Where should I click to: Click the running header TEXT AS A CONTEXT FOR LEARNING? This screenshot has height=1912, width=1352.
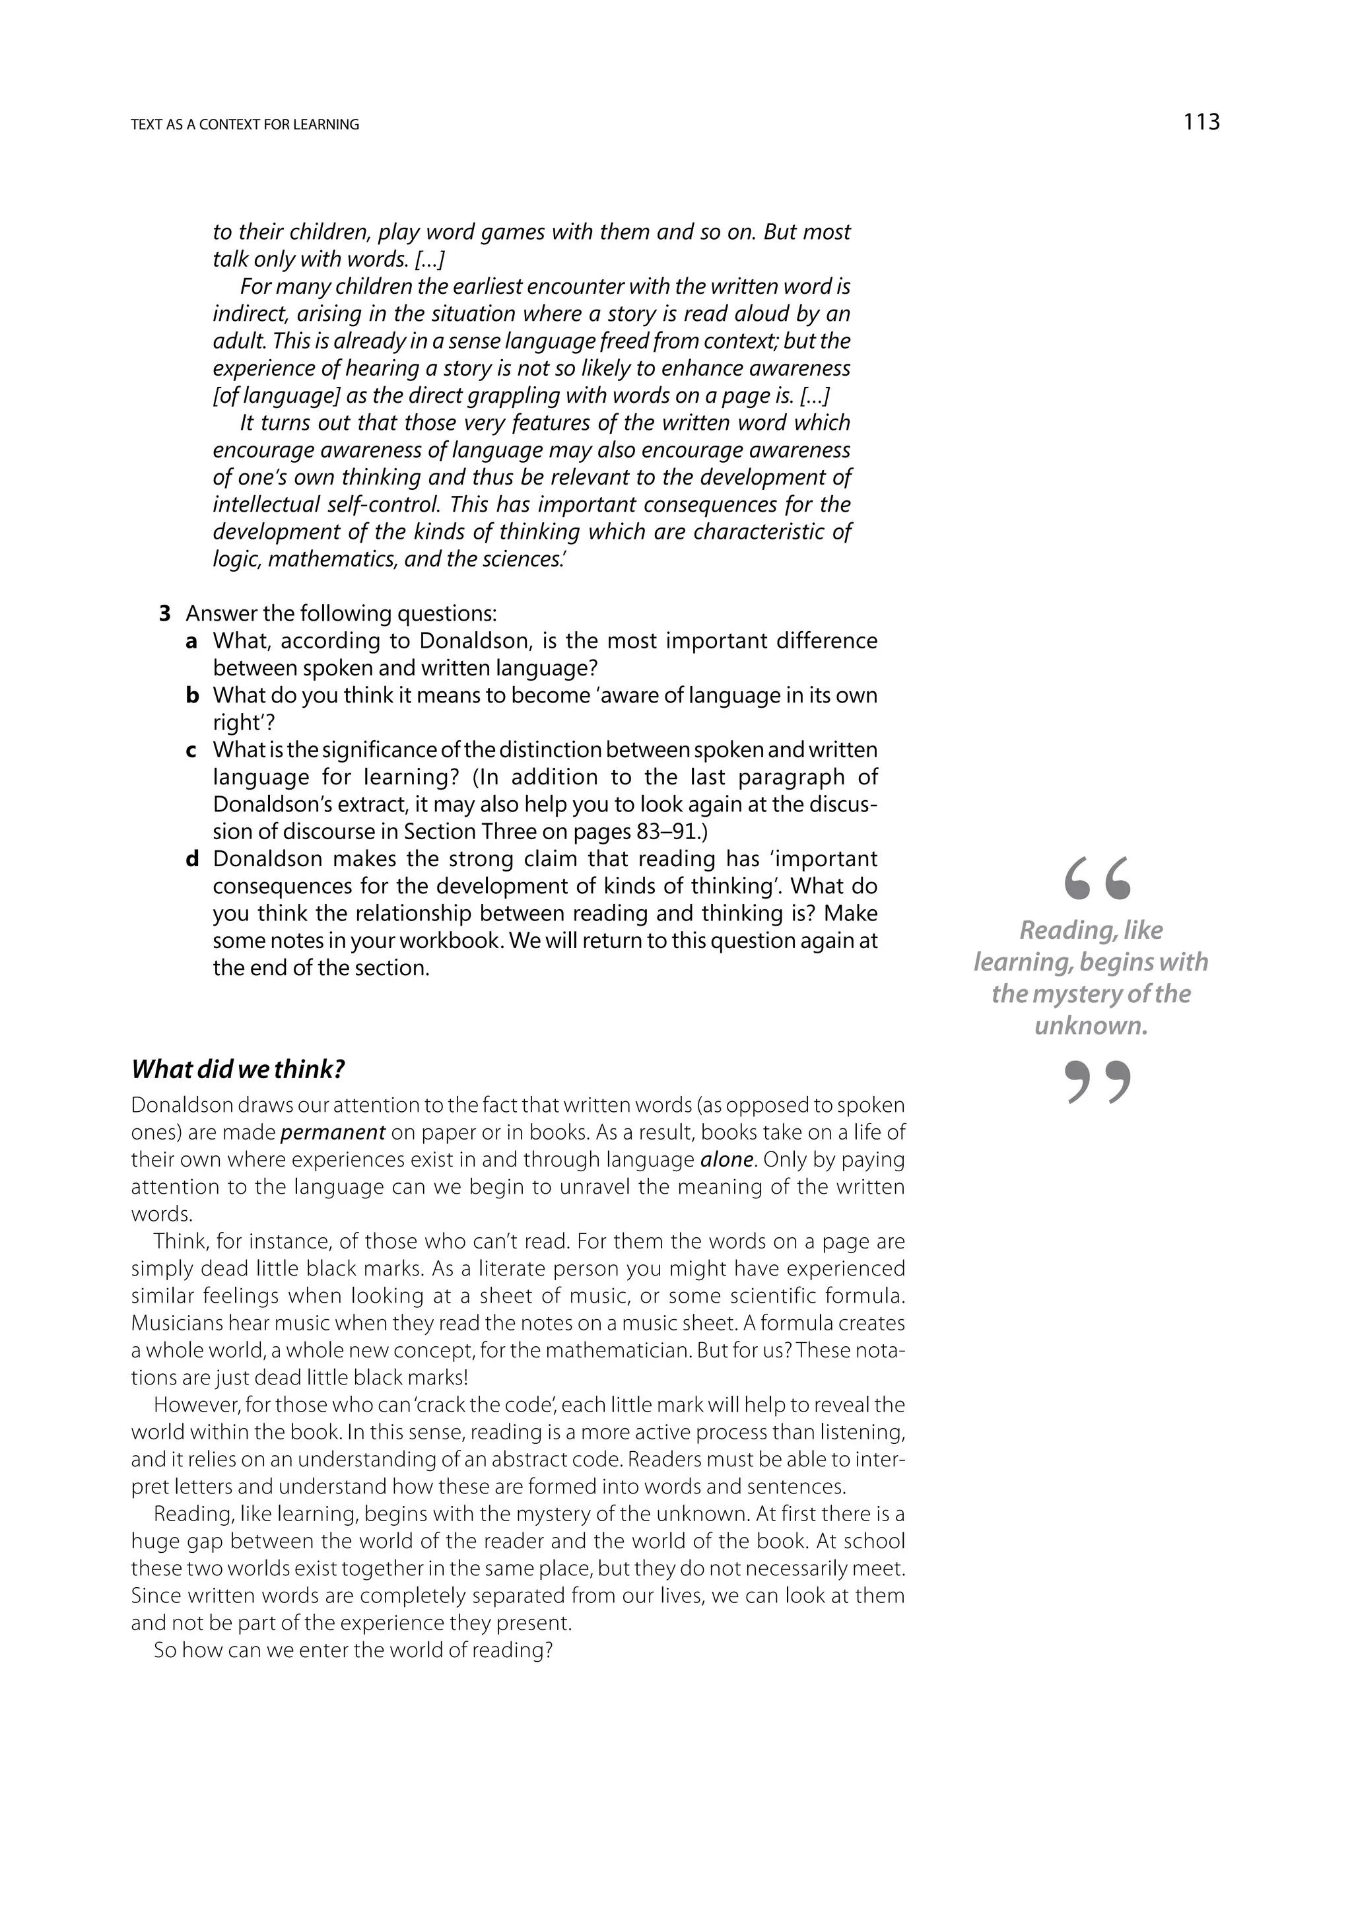tap(245, 125)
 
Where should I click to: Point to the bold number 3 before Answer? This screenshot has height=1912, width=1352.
tap(165, 614)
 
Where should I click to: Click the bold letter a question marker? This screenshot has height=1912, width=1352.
tap(191, 641)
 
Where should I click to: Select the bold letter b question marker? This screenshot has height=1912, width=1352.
tap(192, 695)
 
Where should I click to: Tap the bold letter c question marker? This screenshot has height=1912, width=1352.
tap(191, 750)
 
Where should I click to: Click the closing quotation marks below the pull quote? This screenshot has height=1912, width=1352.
tap(1097, 1083)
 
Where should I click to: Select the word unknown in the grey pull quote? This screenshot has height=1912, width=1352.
tap(1091, 1026)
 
